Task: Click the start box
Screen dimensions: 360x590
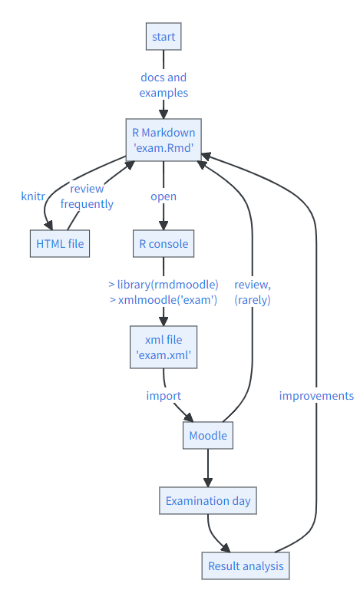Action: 163,37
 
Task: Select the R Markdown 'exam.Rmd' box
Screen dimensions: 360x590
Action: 163,140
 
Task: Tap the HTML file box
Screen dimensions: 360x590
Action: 60,244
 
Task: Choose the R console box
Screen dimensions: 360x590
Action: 163,244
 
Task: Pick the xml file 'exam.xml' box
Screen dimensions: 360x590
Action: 163,348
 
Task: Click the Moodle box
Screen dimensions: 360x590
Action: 208,435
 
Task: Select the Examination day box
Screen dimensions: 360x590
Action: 208,501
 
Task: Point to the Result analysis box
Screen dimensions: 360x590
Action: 246,566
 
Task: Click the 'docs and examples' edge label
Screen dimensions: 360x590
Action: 163,85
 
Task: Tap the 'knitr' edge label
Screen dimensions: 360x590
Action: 33,196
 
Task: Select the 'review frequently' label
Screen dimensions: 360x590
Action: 87,196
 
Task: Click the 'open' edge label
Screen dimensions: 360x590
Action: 163,196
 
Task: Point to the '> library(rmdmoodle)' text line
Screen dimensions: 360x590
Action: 163,285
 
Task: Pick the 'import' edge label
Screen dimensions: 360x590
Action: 163,396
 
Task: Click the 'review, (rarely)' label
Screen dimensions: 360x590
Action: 253,292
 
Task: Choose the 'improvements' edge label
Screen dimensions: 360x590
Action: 316,396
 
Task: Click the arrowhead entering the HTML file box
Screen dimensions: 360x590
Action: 48,226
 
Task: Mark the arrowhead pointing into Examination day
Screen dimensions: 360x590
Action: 208,483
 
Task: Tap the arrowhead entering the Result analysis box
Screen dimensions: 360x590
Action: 226,548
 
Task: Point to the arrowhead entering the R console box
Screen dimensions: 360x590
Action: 163,226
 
